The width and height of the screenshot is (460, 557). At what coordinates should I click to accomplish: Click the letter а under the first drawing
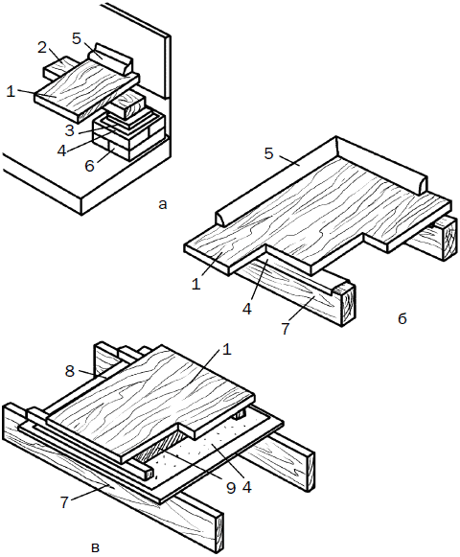coord(162,204)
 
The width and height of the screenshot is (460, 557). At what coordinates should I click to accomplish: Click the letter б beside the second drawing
coord(402,318)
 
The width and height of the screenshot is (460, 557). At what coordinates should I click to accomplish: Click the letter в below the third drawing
coord(95,547)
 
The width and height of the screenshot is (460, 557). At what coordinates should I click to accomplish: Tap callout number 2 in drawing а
coord(42,48)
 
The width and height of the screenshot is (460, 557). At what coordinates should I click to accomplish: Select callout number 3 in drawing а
coord(70,130)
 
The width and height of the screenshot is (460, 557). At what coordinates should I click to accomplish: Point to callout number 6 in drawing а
coord(89,166)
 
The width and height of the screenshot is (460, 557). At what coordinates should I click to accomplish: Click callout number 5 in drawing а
coord(77,38)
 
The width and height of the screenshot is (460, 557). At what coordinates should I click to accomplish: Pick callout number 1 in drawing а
coord(11,92)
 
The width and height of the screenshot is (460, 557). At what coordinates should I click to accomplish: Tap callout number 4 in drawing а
coord(61,151)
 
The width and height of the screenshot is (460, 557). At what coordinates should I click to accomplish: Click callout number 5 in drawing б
coord(269,153)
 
